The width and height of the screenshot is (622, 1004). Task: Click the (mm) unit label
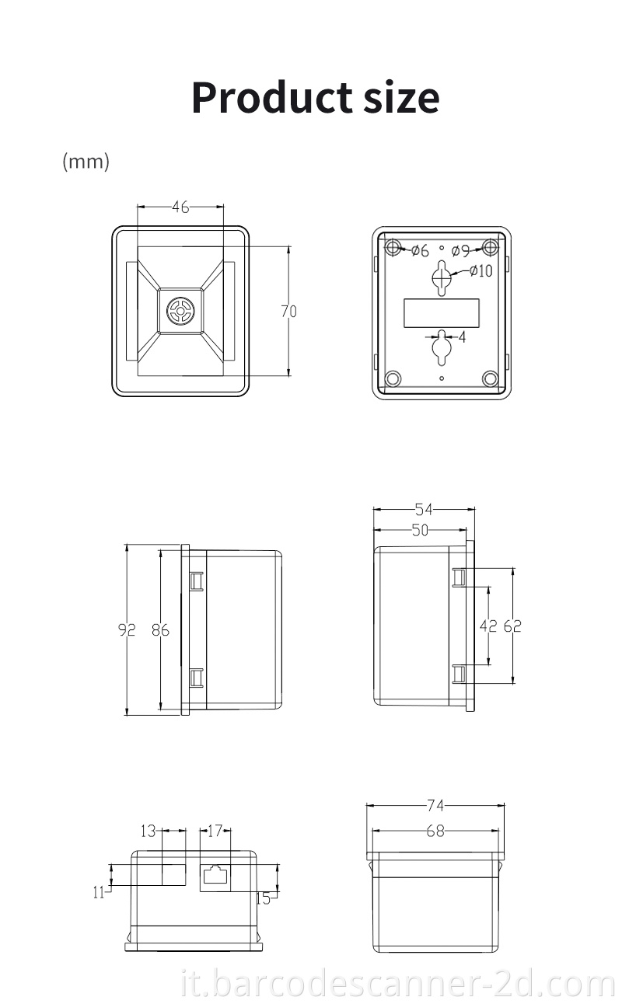click(86, 162)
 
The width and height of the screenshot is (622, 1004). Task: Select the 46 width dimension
click(180, 207)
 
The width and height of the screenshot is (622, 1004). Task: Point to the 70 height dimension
click(288, 312)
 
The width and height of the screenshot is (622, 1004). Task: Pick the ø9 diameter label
click(460, 250)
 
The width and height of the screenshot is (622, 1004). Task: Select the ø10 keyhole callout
click(480, 270)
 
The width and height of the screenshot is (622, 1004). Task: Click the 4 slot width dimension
click(462, 337)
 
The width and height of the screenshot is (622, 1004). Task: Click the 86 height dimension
click(160, 630)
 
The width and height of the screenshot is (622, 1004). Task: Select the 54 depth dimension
click(424, 510)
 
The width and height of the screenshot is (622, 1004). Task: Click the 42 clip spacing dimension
click(487, 626)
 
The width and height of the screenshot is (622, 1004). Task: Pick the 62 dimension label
click(512, 626)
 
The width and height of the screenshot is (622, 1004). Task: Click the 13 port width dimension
click(149, 831)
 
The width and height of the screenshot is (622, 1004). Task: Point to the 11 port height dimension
click(99, 893)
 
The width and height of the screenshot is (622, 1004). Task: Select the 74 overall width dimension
click(435, 806)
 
